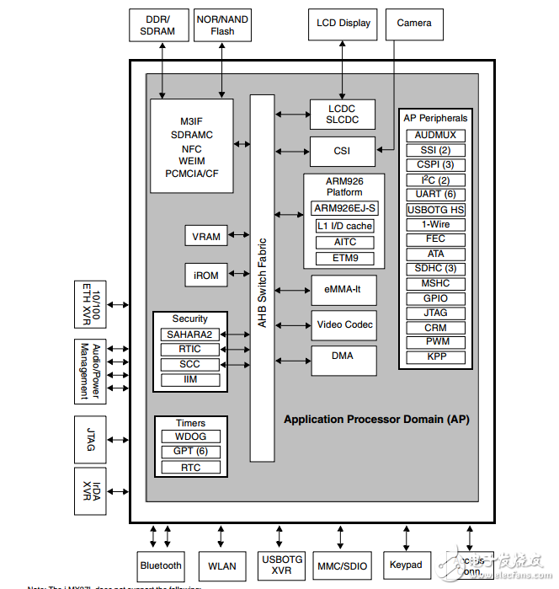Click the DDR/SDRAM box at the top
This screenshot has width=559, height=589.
tap(157, 25)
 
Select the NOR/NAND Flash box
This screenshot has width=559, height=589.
tap(222, 25)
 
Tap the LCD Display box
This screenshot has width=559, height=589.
tap(343, 24)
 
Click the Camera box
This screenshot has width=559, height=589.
tap(413, 24)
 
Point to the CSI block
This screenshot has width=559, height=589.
tap(342, 152)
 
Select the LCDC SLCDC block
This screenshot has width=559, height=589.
tap(342, 114)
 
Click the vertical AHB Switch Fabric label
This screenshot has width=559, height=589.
tap(262, 278)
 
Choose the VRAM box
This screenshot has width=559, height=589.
tap(206, 236)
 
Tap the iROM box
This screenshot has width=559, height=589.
tap(206, 275)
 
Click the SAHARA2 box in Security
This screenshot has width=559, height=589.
tap(190, 335)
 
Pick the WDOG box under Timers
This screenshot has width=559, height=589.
tap(190, 436)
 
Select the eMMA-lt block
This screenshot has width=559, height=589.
tap(342, 290)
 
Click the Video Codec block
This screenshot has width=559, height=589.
tap(344, 324)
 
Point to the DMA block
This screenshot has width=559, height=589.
tap(342, 356)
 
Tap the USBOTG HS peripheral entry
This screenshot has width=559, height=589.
tap(435, 210)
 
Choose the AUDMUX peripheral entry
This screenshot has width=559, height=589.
tap(435, 136)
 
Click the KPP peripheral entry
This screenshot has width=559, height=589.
tap(435, 357)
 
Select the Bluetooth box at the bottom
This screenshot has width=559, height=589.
tap(161, 565)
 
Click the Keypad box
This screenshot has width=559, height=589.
tap(406, 565)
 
